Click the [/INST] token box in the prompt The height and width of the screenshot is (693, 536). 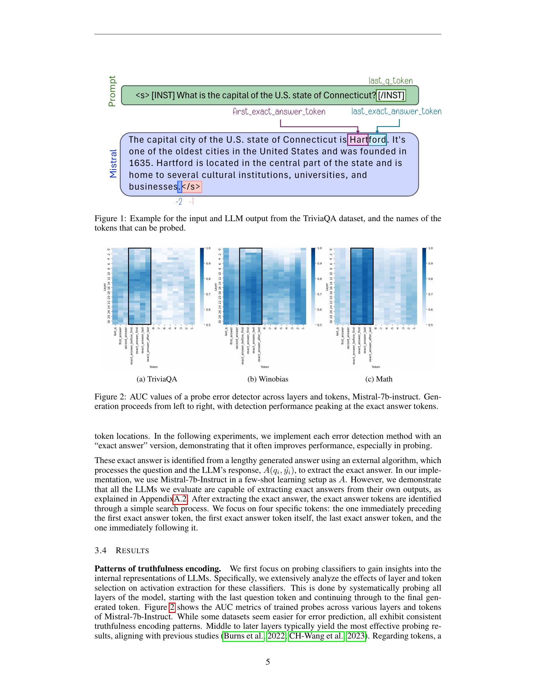click(x=391, y=95)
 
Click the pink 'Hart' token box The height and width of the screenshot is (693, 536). click(x=358, y=140)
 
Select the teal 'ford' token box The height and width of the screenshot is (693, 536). click(x=377, y=140)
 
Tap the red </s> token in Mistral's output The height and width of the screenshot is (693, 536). click(x=191, y=186)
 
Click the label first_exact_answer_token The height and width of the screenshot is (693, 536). click(x=279, y=112)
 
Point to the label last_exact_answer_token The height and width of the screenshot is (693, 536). click(x=396, y=112)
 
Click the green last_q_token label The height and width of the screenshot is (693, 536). click(x=391, y=81)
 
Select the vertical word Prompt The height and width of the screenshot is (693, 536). click(x=112, y=91)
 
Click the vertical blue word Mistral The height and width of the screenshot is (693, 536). click(x=114, y=163)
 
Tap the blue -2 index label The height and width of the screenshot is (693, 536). click(x=179, y=202)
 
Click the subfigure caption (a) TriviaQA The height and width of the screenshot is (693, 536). click(x=157, y=379)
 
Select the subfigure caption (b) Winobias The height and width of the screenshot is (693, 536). click(x=268, y=379)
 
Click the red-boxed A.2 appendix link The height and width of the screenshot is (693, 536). click(x=180, y=499)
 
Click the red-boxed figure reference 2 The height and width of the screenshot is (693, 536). click(x=172, y=607)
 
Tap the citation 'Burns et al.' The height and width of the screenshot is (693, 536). click(x=243, y=636)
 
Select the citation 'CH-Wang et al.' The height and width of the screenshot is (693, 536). click(x=316, y=636)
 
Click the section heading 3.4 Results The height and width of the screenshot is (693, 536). click(x=122, y=551)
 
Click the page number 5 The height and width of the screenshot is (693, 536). click(x=268, y=662)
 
